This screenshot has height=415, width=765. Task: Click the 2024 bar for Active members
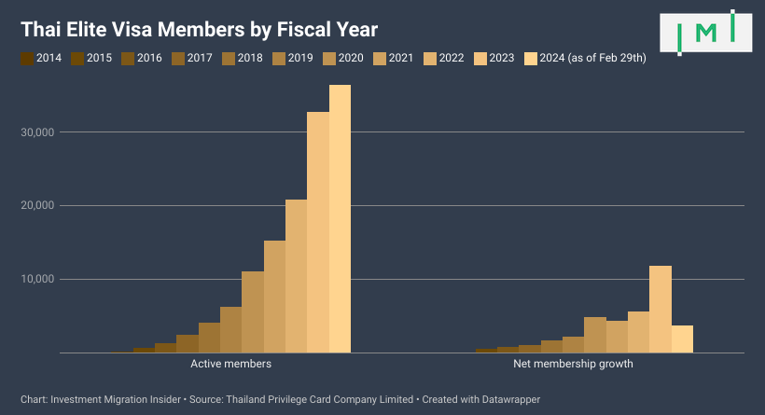coord(340,219)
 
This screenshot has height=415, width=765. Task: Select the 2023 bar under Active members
coord(318,232)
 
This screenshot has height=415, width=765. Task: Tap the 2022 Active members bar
coord(296,276)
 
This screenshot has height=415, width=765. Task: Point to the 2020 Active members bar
coord(253,312)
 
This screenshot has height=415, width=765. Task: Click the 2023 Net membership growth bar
coord(661,310)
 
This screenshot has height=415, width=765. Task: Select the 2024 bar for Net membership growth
coord(682,339)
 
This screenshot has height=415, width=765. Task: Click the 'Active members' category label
coord(230,364)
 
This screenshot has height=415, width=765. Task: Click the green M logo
coord(706,33)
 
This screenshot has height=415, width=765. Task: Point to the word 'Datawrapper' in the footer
coord(509,399)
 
